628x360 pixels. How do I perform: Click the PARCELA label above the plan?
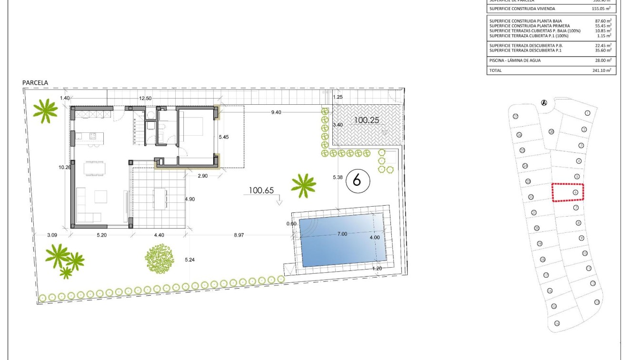pos(35,83)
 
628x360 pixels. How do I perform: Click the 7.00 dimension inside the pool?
pos(342,234)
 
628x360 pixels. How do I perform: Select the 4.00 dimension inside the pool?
pos(375,238)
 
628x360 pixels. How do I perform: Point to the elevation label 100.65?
pos(261,190)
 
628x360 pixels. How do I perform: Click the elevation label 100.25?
pos(366,120)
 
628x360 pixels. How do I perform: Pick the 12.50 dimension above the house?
pos(145,99)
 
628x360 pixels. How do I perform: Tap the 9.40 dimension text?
pos(276,112)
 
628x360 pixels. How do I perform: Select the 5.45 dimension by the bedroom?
pos(224,137)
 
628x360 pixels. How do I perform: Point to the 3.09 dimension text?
pos(52,234)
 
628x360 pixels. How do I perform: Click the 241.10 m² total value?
pos(602,70)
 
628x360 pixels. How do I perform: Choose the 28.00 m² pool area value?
pos(603,60)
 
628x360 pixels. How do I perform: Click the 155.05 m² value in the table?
pos(602,9)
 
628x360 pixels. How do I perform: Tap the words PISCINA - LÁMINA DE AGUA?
pos(515,60)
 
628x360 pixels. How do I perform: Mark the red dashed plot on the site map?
pos(568,192)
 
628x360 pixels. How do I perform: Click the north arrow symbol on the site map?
pos(544,102)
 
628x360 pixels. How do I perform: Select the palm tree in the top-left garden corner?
pos(46,110)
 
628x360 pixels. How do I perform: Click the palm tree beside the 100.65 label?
pos(303,185)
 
